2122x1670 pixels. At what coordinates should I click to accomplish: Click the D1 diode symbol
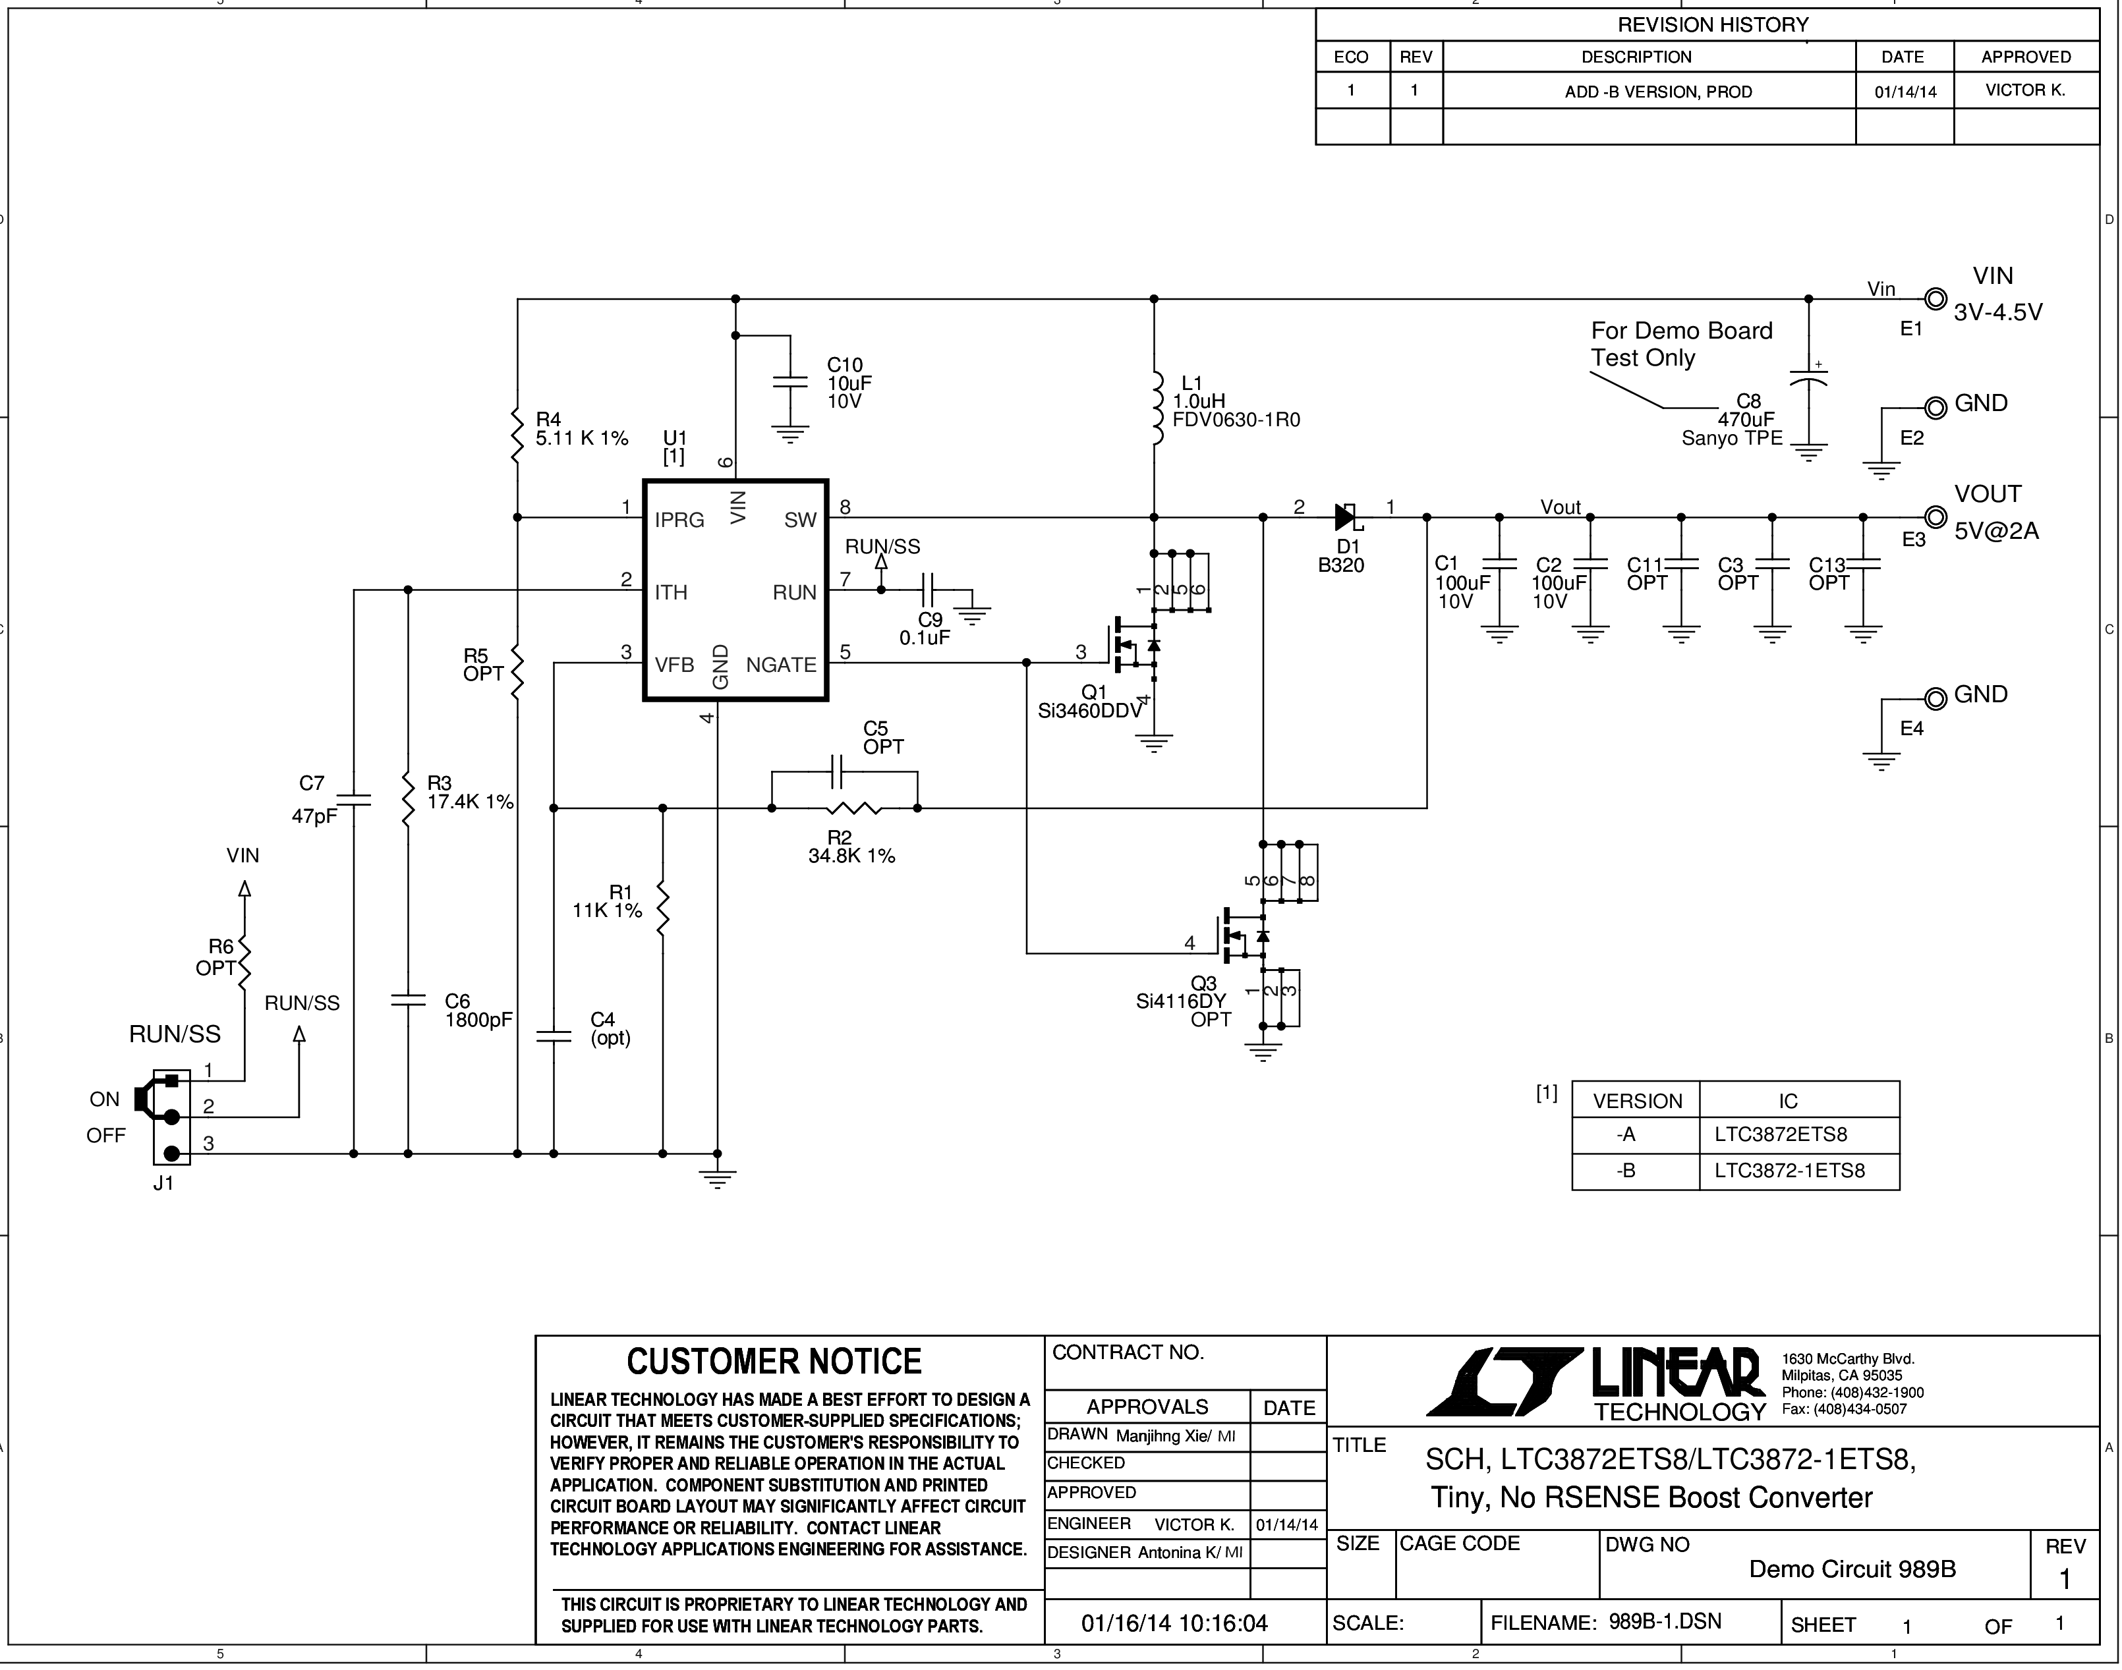pos(1346,516)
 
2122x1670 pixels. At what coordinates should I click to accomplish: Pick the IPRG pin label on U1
pos(679,520)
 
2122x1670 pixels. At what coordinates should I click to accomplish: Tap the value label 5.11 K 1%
pos(582,438)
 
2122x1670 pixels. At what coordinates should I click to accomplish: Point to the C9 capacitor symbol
pos(930,590)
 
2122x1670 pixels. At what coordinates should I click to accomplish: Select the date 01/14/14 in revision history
pos(1905,93)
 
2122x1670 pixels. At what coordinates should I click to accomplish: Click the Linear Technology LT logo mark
pos(1503,1381)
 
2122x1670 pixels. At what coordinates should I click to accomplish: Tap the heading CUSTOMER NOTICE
pos(774,1361)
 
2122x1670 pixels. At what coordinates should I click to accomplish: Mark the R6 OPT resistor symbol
pos(244,959)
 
